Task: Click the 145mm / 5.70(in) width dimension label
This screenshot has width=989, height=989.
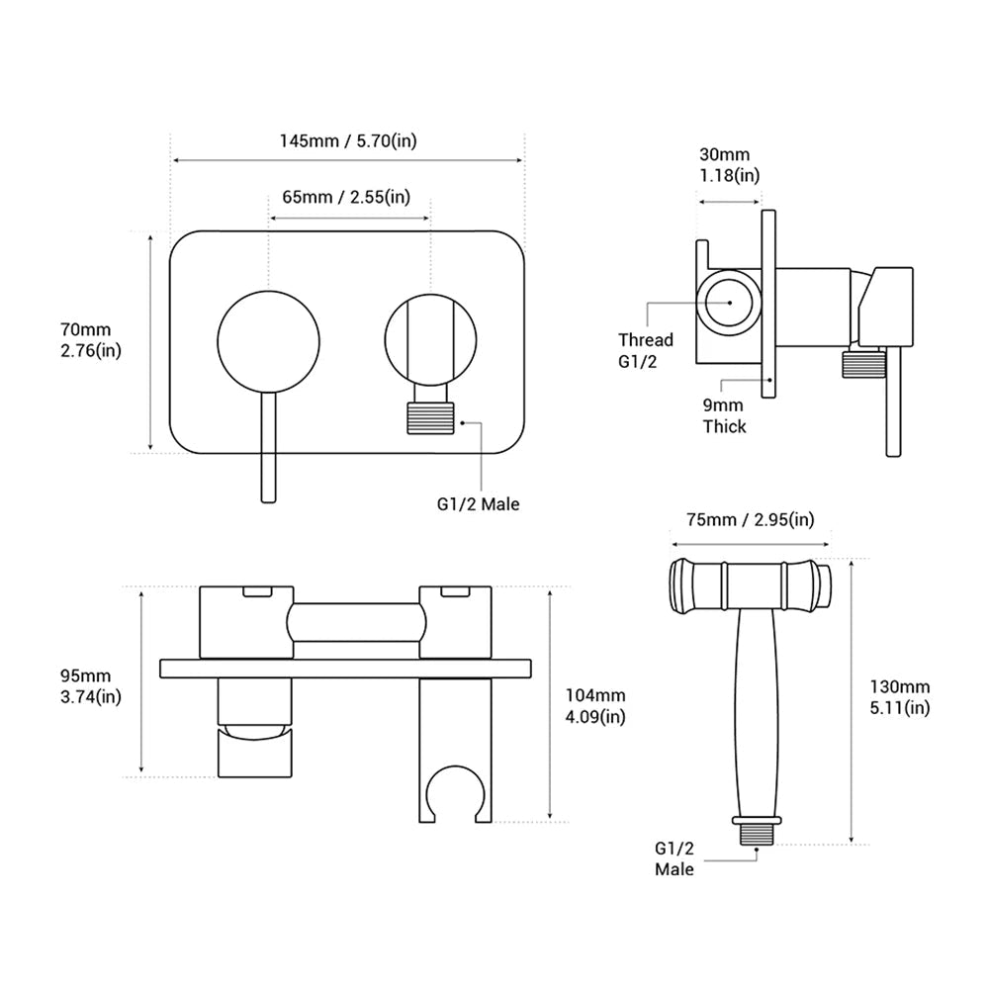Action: pos(347,140)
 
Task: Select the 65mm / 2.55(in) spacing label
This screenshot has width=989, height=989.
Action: pos(346,196)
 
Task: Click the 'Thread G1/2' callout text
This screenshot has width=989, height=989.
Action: pos(645,349)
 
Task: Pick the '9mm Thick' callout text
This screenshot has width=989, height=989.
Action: pos(725,416)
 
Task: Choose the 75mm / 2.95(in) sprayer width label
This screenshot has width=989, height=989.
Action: pos(751,520)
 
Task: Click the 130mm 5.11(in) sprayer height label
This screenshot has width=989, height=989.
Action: pos(900,696)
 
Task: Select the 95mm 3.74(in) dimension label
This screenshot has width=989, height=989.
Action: pos(91,685)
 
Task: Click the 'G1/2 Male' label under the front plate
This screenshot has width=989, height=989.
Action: pos(478,504)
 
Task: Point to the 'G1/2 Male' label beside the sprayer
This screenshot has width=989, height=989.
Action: pos(674,858)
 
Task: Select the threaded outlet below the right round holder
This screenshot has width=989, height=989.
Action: pos(430,417)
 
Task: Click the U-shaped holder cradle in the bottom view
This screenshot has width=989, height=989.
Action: pos(454,791)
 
